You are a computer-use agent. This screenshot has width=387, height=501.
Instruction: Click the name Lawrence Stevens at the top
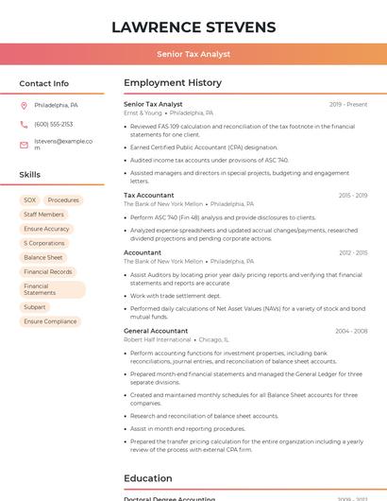[193, 26]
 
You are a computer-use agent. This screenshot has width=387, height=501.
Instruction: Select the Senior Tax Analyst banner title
[193, 54]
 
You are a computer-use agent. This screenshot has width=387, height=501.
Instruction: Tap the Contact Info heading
[43, 83]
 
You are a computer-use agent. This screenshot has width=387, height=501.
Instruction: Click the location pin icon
[24, 105]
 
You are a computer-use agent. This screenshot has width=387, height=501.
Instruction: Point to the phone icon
[24, 124]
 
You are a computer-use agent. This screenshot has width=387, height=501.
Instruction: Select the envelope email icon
[24, 145]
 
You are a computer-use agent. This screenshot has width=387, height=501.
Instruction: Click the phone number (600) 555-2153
[53, 124]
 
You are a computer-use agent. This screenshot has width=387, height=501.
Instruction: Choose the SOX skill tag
[30, 200]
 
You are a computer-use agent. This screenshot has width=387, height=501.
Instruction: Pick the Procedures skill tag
[63, 200]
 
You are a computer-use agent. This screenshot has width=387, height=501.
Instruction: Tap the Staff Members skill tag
[43, 215]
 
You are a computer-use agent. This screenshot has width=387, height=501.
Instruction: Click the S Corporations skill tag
[44, 243]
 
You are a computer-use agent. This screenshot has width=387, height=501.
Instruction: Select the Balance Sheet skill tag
[43, 257]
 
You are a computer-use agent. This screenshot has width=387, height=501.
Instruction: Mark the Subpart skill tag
[35, 307]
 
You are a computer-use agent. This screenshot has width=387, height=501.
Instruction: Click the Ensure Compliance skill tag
[50, 321]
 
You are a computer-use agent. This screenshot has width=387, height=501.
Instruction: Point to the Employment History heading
[173, 83]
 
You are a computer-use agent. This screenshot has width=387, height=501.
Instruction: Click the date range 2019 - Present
[348, 104]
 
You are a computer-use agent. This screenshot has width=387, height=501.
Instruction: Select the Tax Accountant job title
[149, 196]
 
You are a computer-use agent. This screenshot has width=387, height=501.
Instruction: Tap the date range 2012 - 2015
[353, 253]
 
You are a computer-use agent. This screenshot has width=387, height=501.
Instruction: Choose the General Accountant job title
[156, 331]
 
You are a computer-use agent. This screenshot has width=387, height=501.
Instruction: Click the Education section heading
[148, 478]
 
